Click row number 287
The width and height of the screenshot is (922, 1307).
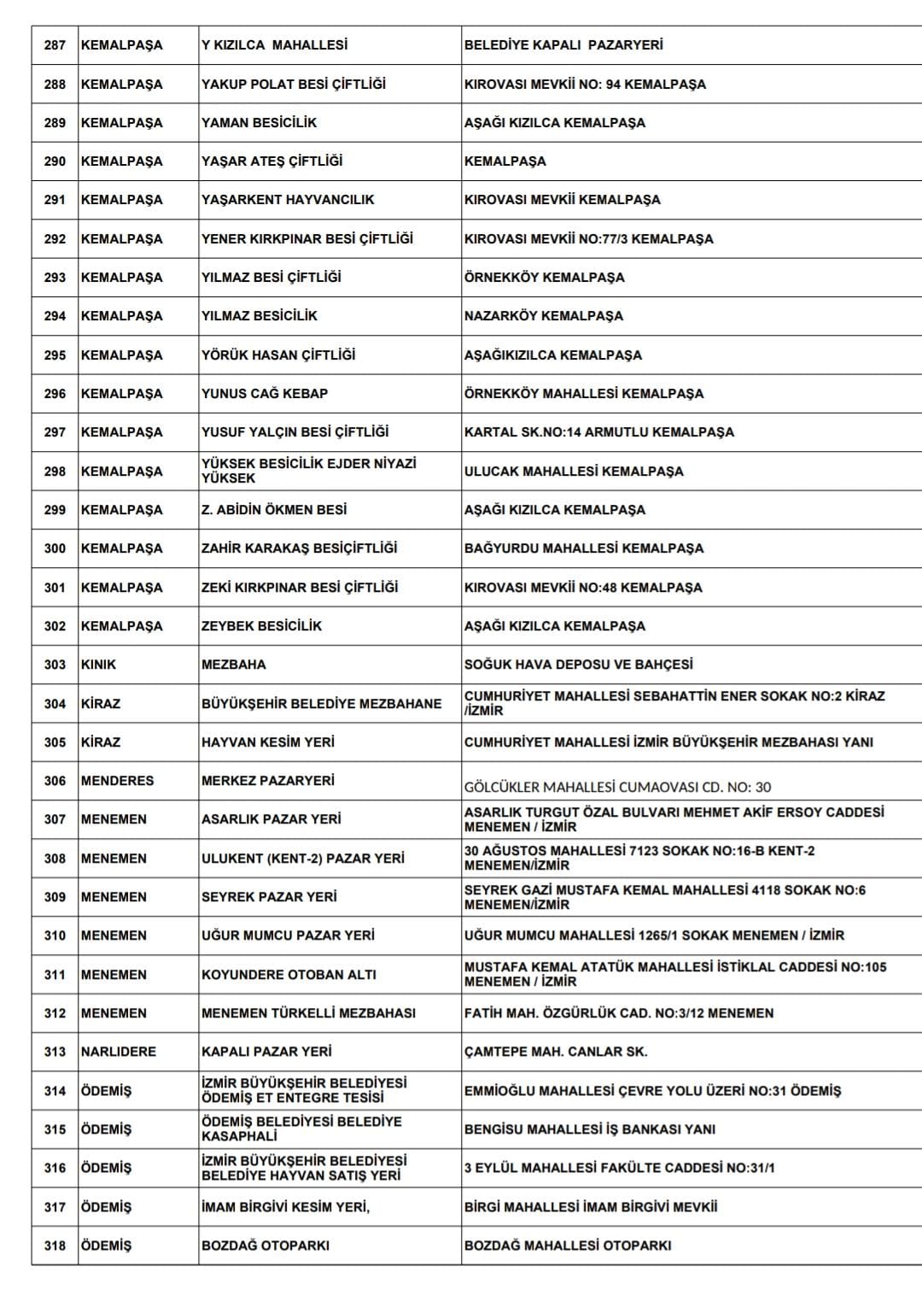click(x=55, y=45)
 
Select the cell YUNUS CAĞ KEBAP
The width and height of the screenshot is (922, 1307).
click(x=265, y=394)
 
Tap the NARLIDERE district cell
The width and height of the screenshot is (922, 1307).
click(x=119, y=1052)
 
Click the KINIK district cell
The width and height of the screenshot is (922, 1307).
click(x=99, y=665)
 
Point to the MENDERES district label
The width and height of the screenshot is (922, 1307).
click(x=118, y=781)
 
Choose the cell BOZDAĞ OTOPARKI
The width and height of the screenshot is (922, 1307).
click(x=266, y=1245)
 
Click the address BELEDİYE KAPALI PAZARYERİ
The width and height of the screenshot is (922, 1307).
click(x=563, y=45)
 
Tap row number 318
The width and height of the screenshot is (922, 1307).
click(x=55, y=1245)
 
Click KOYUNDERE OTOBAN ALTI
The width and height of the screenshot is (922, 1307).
click(x=289, y=975)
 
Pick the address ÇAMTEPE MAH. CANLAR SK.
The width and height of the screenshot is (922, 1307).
click(x=556, y=1052)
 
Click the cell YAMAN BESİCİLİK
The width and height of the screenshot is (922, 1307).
click(x=259, y=123)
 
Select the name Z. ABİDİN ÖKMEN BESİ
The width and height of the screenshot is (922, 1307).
click(x=274, y=510)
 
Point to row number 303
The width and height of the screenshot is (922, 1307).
click(x=55, y=665)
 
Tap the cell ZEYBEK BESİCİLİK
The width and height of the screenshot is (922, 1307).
click(x=261, y=626)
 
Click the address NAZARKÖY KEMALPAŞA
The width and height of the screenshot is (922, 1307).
click(x=544, y=316)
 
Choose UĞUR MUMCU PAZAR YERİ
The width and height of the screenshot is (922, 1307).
click(x=288, y=935)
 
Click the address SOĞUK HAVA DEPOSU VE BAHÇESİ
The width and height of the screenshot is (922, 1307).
click(x=579, y=665)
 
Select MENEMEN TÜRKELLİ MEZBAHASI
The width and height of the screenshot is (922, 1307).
click(x=308, y=1013)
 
